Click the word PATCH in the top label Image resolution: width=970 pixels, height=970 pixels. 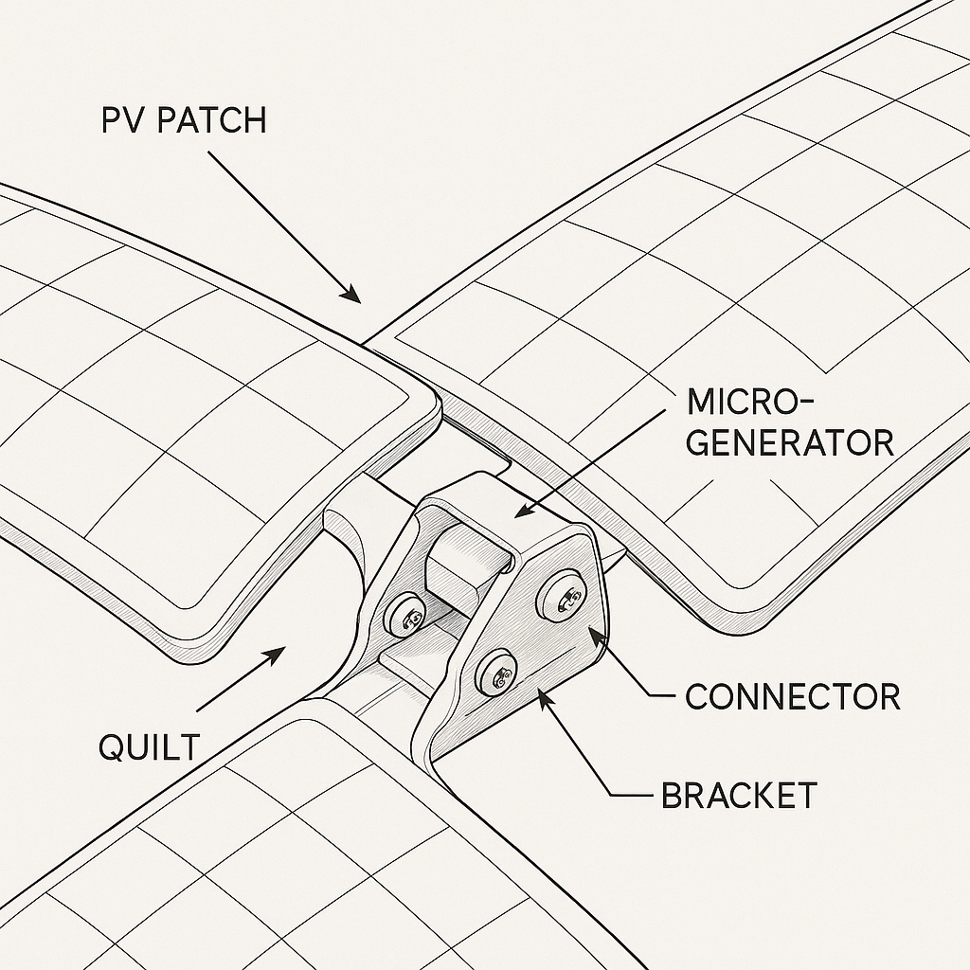[x=212, y=122]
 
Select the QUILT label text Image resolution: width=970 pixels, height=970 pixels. [x=149, y=747]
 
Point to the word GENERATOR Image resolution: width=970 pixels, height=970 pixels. [x=790, y=442]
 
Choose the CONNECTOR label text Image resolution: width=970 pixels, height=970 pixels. [x=792, y=697]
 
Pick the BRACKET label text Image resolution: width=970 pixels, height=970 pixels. [x=739, y=795]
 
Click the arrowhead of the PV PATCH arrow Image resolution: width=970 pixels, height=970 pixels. [x=352, y=295]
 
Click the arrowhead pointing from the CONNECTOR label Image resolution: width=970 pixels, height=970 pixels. [x=594, y=631]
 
